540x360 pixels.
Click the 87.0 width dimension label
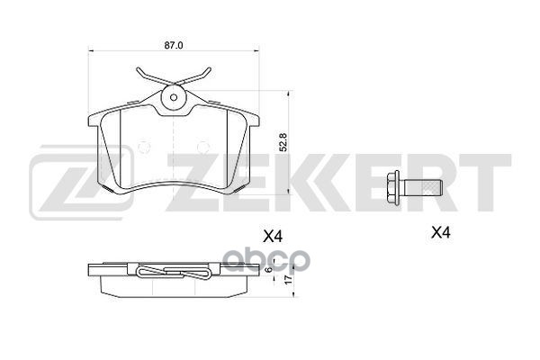point(174,46)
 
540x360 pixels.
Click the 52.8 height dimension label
point(283,142)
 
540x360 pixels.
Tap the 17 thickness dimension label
point(289,279)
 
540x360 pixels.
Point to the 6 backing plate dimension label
point(269,269)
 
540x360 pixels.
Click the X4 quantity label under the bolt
point(441,233)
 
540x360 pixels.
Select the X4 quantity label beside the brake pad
point(273,237)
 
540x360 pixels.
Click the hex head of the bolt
point(393,188)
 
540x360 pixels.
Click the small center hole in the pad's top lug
point(174,97)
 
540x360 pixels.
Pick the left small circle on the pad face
point(144,147)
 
